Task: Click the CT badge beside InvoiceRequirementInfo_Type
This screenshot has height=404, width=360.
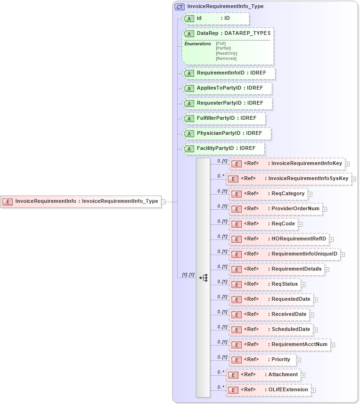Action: click(180, 7)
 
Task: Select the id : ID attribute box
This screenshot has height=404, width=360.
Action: click(216, 18)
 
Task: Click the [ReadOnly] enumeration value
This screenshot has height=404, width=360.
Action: click(226, 53)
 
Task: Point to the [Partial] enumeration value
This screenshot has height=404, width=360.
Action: click(223, 48)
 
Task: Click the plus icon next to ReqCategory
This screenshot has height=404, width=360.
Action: click(310, 194)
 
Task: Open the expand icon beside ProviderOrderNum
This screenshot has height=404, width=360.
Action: click(325, 209)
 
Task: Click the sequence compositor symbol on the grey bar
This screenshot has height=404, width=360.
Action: click(203, 278)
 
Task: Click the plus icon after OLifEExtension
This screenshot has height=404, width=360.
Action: click(313, 390)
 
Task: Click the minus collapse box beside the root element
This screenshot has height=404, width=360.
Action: click(164, 201)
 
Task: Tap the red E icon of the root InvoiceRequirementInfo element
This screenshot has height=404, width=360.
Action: click(8, 201)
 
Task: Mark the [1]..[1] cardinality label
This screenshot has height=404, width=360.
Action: click(188, 274)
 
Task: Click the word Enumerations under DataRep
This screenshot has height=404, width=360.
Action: click(197, 43)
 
